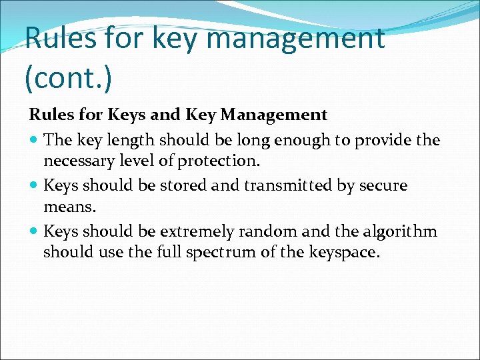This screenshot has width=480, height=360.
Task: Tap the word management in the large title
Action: [x=295, y=38]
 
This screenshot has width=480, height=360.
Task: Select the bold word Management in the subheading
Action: [x=273, y=115]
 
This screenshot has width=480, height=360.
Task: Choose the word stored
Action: [x=174, y=185]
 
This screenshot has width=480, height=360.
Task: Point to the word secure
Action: [x=382, y=185]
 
